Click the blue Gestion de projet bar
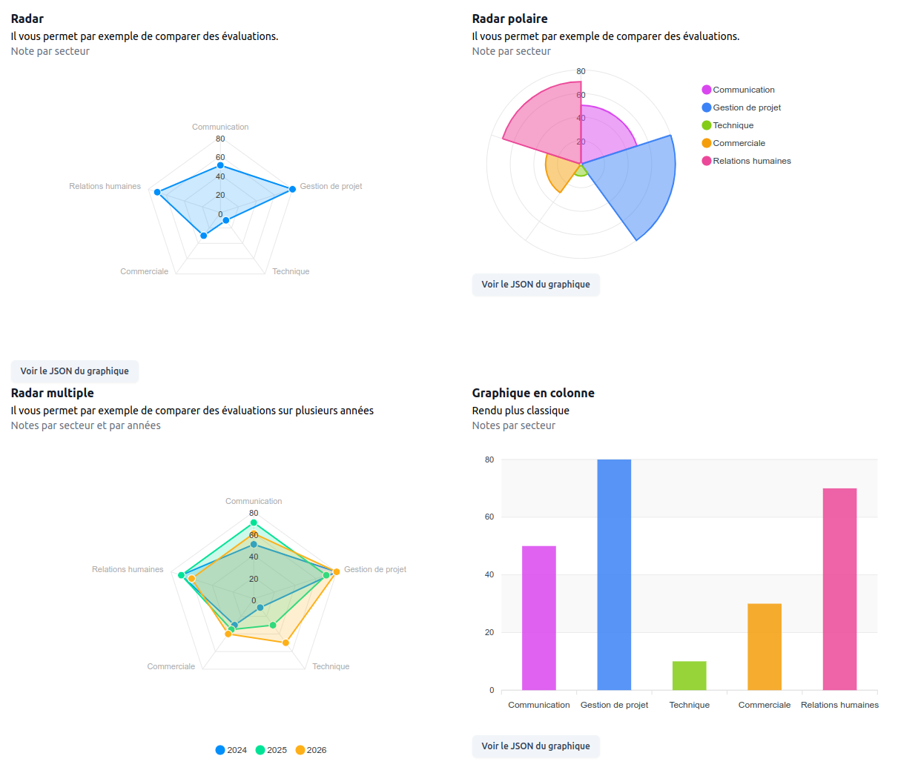click(614, 574)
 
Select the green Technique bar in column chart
click(689, 675)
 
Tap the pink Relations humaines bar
click(839, 589)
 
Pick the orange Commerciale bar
click(764, 646)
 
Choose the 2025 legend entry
click(271, 750)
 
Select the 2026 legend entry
click(311, 750)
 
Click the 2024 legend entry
click(231, 750)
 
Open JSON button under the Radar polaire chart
click(535, 285)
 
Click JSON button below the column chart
click(535, 746)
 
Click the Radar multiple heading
click(53, 393)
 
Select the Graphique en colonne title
click(533, 393)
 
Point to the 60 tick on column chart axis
click(489, 517)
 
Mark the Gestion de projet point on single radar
click(292, 189)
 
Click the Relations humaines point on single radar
click(157, 192)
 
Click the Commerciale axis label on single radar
click(145, 271)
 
